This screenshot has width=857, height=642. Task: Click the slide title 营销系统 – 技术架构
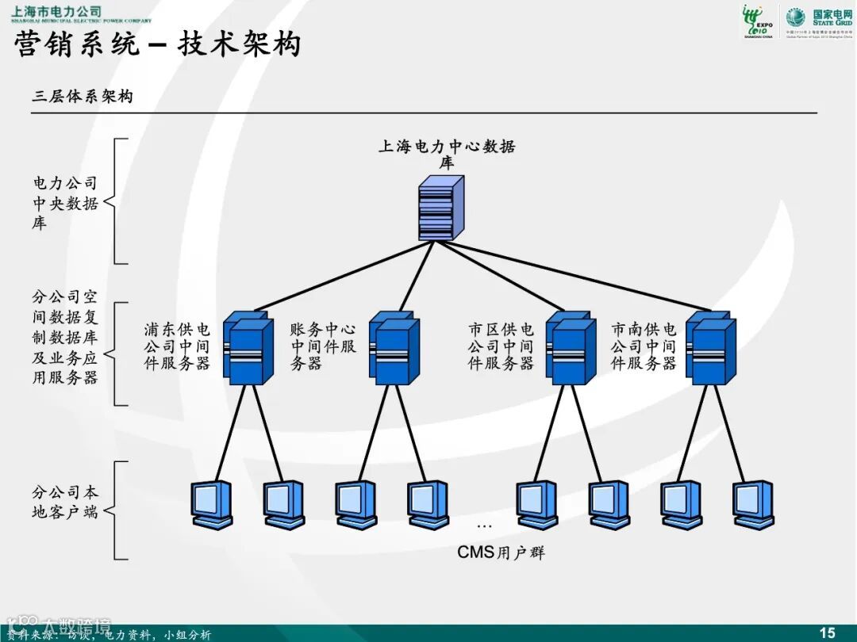pyautogui.click(x=158, y=44)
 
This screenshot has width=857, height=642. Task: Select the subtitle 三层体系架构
pyautogui.click(x=82, y=97)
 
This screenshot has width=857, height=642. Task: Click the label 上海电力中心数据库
pyautogui.click(x=447, y=154)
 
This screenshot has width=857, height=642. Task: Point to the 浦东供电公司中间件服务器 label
pyautogui.click(x=177, y=346)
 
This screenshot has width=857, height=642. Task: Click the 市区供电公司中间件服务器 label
pyautogui.click(x=501, y=346)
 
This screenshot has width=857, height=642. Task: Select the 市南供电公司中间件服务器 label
pyautogui.click(x=644, y=346)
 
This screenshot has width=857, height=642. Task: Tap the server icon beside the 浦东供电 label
pyautogui.click(x=246, y=348)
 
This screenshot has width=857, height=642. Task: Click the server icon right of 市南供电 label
pyautogui.click(x=710, y=348)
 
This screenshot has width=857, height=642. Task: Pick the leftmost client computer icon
pyautogui.click(x=213, y=504)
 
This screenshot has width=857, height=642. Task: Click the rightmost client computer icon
pyautogui.click(x=753, y=504)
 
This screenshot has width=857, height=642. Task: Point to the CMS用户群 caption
pyautogui.click(x=501, y=552)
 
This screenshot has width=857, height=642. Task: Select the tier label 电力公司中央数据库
pyautogui.click(x=65, y=203)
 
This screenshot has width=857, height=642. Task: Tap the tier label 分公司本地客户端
pyautogui.click(x=65, y=503)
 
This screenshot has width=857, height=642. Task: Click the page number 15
pyautogui.click(x=827, y=632)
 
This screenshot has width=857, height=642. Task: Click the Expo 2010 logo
pyautogui.click(x=758, y=21)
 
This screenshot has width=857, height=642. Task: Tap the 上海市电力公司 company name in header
pyautogui.click(x=56, y=11)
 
